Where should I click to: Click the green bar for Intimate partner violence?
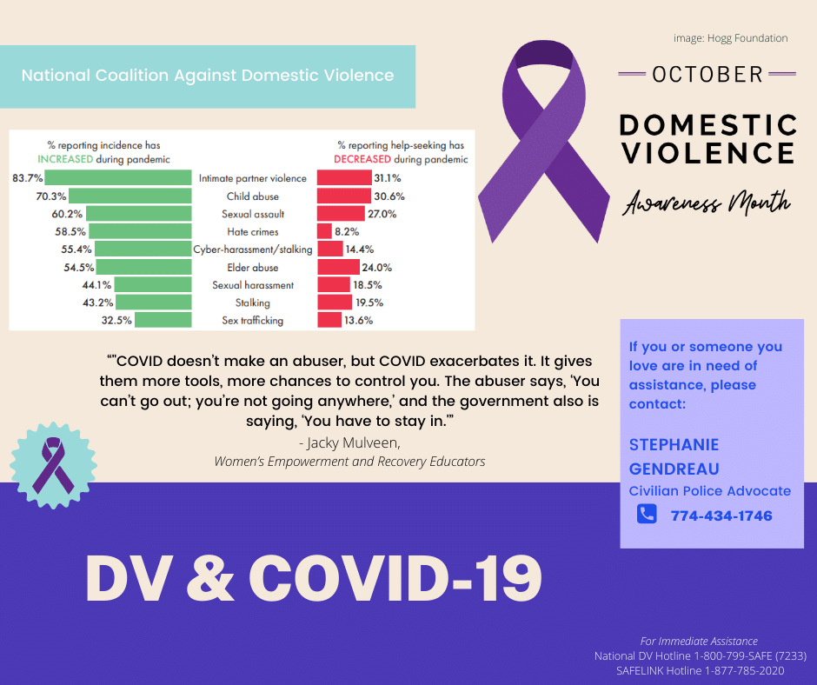tap(118, 177)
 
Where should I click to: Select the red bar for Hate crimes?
tap(324, 231)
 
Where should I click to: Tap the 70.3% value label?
tap(50, 196)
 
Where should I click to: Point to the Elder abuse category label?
tap(252, 268)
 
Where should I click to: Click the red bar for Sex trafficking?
tap(329, 320)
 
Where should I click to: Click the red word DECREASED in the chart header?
tap(362, 159)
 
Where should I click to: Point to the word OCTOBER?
tap(707, 74)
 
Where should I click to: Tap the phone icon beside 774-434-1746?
tap(647, 515)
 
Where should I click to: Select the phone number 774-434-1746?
tap(721, 515)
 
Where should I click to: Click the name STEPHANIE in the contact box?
tap(674, 445)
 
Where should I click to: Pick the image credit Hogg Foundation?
tap(730, 38)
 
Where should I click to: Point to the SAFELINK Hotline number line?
tap(700, 670)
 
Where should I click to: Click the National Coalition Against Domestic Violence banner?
tap(208, 76)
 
